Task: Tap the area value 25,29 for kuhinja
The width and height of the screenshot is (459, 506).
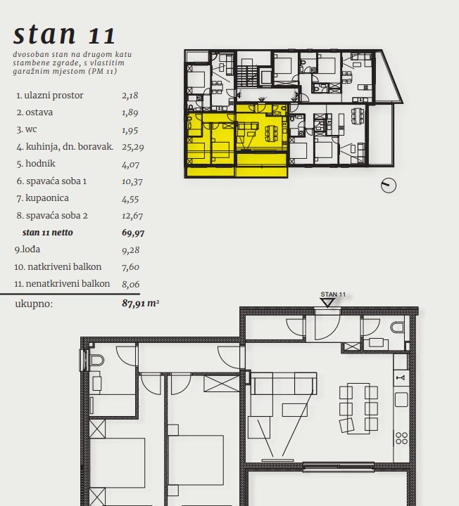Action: (133, 147)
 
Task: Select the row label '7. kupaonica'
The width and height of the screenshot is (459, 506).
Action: (42, 197)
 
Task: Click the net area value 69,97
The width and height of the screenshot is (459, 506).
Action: (133, 233)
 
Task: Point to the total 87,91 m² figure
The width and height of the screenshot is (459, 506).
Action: (141, 304)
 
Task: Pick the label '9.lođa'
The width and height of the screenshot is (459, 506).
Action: (27, 249)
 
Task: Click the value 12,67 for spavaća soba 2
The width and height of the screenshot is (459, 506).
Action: (132, 216)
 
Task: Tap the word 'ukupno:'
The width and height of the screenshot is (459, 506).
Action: (34, 304)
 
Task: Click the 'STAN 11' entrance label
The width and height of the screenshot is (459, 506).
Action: (333, 294)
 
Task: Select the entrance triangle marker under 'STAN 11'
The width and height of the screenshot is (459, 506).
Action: (327, 303)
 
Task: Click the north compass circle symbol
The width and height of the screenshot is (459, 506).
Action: (388, 186)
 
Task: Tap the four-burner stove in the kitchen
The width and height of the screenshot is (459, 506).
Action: (401, 438)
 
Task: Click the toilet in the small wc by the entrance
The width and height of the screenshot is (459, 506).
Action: (397, 327)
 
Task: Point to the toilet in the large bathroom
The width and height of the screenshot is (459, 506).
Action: (96, 360)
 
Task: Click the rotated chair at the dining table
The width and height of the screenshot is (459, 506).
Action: (346, 424)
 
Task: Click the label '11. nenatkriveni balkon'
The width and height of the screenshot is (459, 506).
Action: (62, 284)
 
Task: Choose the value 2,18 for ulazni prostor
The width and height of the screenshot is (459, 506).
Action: (130, 96)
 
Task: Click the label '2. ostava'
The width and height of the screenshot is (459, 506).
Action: (34, 112)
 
